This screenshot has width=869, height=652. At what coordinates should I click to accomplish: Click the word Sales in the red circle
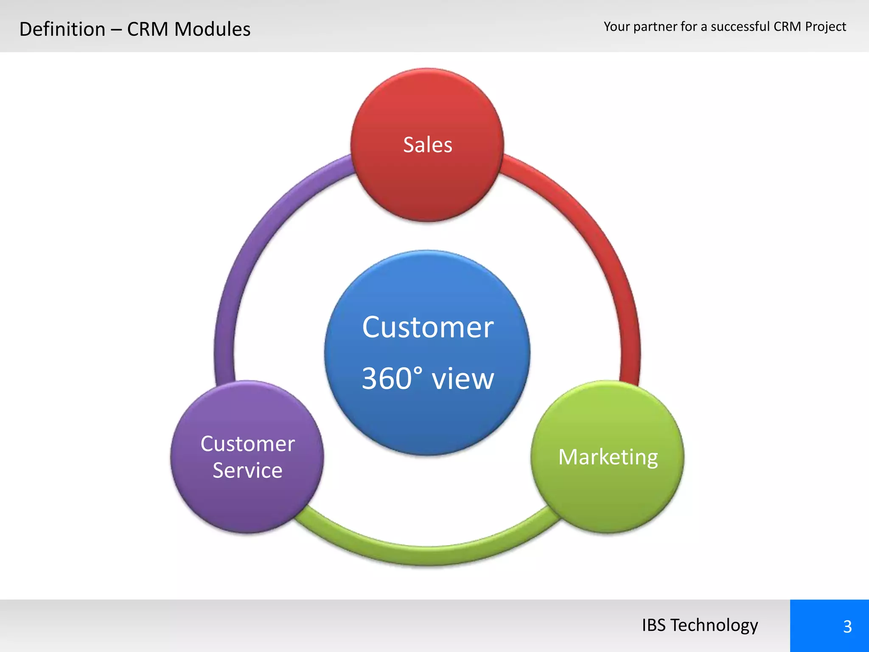point(427,145)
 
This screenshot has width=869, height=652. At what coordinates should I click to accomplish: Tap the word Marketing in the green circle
point(608,457)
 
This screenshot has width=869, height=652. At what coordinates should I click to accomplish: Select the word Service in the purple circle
point(247,470)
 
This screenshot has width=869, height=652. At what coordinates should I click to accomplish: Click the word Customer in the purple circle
point(247,444)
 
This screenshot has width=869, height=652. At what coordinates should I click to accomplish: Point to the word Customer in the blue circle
point(427,327)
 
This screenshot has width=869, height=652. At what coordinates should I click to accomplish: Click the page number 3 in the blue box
point(847,627)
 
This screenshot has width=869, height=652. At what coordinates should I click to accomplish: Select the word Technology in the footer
point(714,625)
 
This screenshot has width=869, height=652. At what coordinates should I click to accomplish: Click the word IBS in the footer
point(653,625)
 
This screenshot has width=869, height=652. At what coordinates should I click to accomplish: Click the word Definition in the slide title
point(62,29)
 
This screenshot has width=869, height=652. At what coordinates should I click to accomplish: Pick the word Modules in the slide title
point(212,29)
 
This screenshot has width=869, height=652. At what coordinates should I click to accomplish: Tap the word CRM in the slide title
point(147,29)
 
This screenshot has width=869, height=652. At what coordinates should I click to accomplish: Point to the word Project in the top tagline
point(825,27)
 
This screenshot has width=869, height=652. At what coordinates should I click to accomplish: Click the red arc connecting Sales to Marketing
point(603,238)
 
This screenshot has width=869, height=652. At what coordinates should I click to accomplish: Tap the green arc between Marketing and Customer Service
point(427,555)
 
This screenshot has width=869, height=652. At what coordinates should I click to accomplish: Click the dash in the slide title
point(116,30)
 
